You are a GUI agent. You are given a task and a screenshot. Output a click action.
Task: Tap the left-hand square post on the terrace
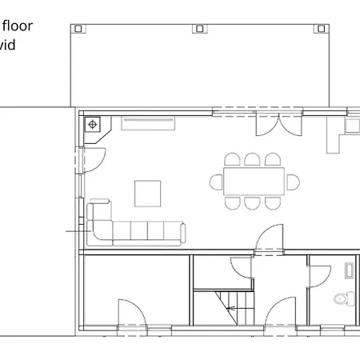(x=78, y=29)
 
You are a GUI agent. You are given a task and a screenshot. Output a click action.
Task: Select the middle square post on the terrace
(x=199, y=29)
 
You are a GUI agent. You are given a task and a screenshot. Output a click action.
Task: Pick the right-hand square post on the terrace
(x=322, y=29)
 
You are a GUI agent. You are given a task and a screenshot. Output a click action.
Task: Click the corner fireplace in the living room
(x=93, y=125)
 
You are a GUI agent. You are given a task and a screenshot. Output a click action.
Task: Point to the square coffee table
(x=147, y=193)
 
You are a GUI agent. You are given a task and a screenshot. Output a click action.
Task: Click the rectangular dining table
(x=255, y=182)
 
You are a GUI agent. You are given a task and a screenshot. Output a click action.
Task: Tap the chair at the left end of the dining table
(x=216, y=182)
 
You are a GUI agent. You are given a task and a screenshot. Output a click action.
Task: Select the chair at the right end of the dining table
(x=294, y=182)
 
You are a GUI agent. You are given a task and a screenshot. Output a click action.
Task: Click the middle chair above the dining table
(x=252, y=159)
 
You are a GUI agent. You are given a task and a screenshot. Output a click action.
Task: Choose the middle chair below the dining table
(x=253, y=203)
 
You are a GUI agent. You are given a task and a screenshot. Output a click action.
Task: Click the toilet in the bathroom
(x=342, y=299)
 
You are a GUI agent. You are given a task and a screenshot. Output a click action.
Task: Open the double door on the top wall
(x=272, y=124)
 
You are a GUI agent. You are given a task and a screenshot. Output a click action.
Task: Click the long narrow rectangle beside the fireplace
(x=147, y=122)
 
